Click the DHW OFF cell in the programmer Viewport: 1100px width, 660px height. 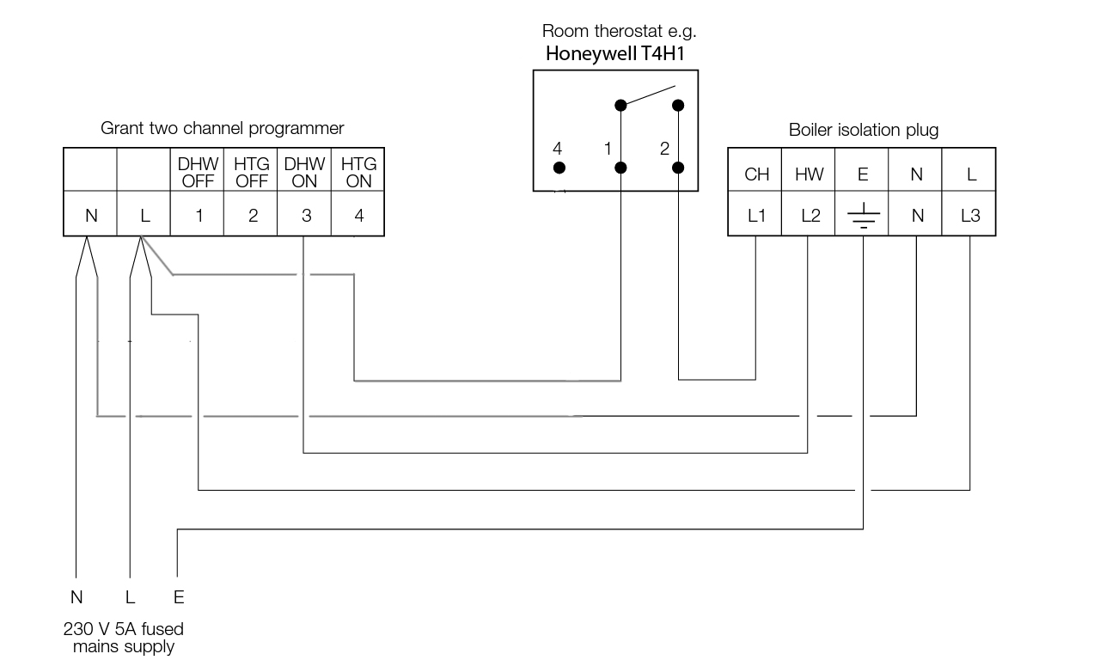(198, 172)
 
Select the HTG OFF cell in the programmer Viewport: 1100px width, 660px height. (251, 172)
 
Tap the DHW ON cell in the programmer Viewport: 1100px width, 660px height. (304, 172)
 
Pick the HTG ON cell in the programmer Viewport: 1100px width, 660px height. (357, 172)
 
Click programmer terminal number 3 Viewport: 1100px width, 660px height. (306, 217)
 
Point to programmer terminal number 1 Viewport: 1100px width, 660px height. (199, 217)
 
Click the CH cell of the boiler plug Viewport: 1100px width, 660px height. (756, 174)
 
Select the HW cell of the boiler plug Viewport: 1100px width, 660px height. (809, 174)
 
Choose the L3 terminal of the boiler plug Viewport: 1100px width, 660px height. (969, 217)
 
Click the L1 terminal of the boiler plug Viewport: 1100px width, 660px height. (756, 217)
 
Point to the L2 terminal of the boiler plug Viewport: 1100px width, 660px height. (810, 217)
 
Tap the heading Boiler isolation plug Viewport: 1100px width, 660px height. (864, 131)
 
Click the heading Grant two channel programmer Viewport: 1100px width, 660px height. (223, 129)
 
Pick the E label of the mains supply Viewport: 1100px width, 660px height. (179, 597)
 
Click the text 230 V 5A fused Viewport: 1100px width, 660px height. (124, 629)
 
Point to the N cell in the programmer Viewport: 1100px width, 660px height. (91, 217)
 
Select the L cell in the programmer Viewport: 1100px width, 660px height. (144, 217)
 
